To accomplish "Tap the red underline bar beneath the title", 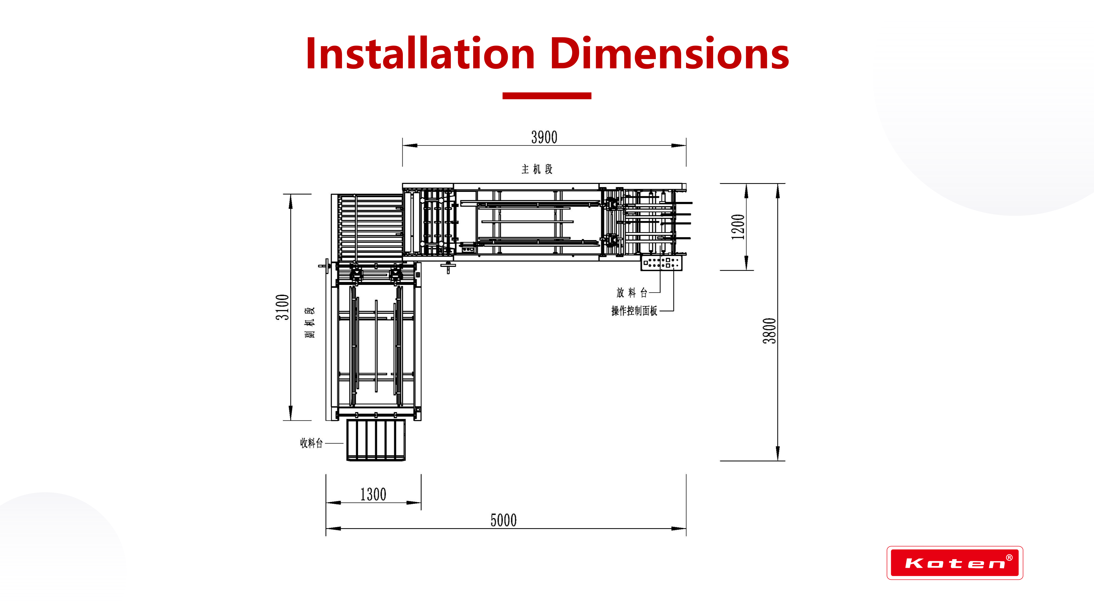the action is click(547, 96).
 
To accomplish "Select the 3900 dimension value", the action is click(544, 137).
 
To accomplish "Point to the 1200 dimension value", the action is click(738, 227).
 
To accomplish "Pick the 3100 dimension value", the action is click(282, 307).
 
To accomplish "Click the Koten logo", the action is click(955, 563).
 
